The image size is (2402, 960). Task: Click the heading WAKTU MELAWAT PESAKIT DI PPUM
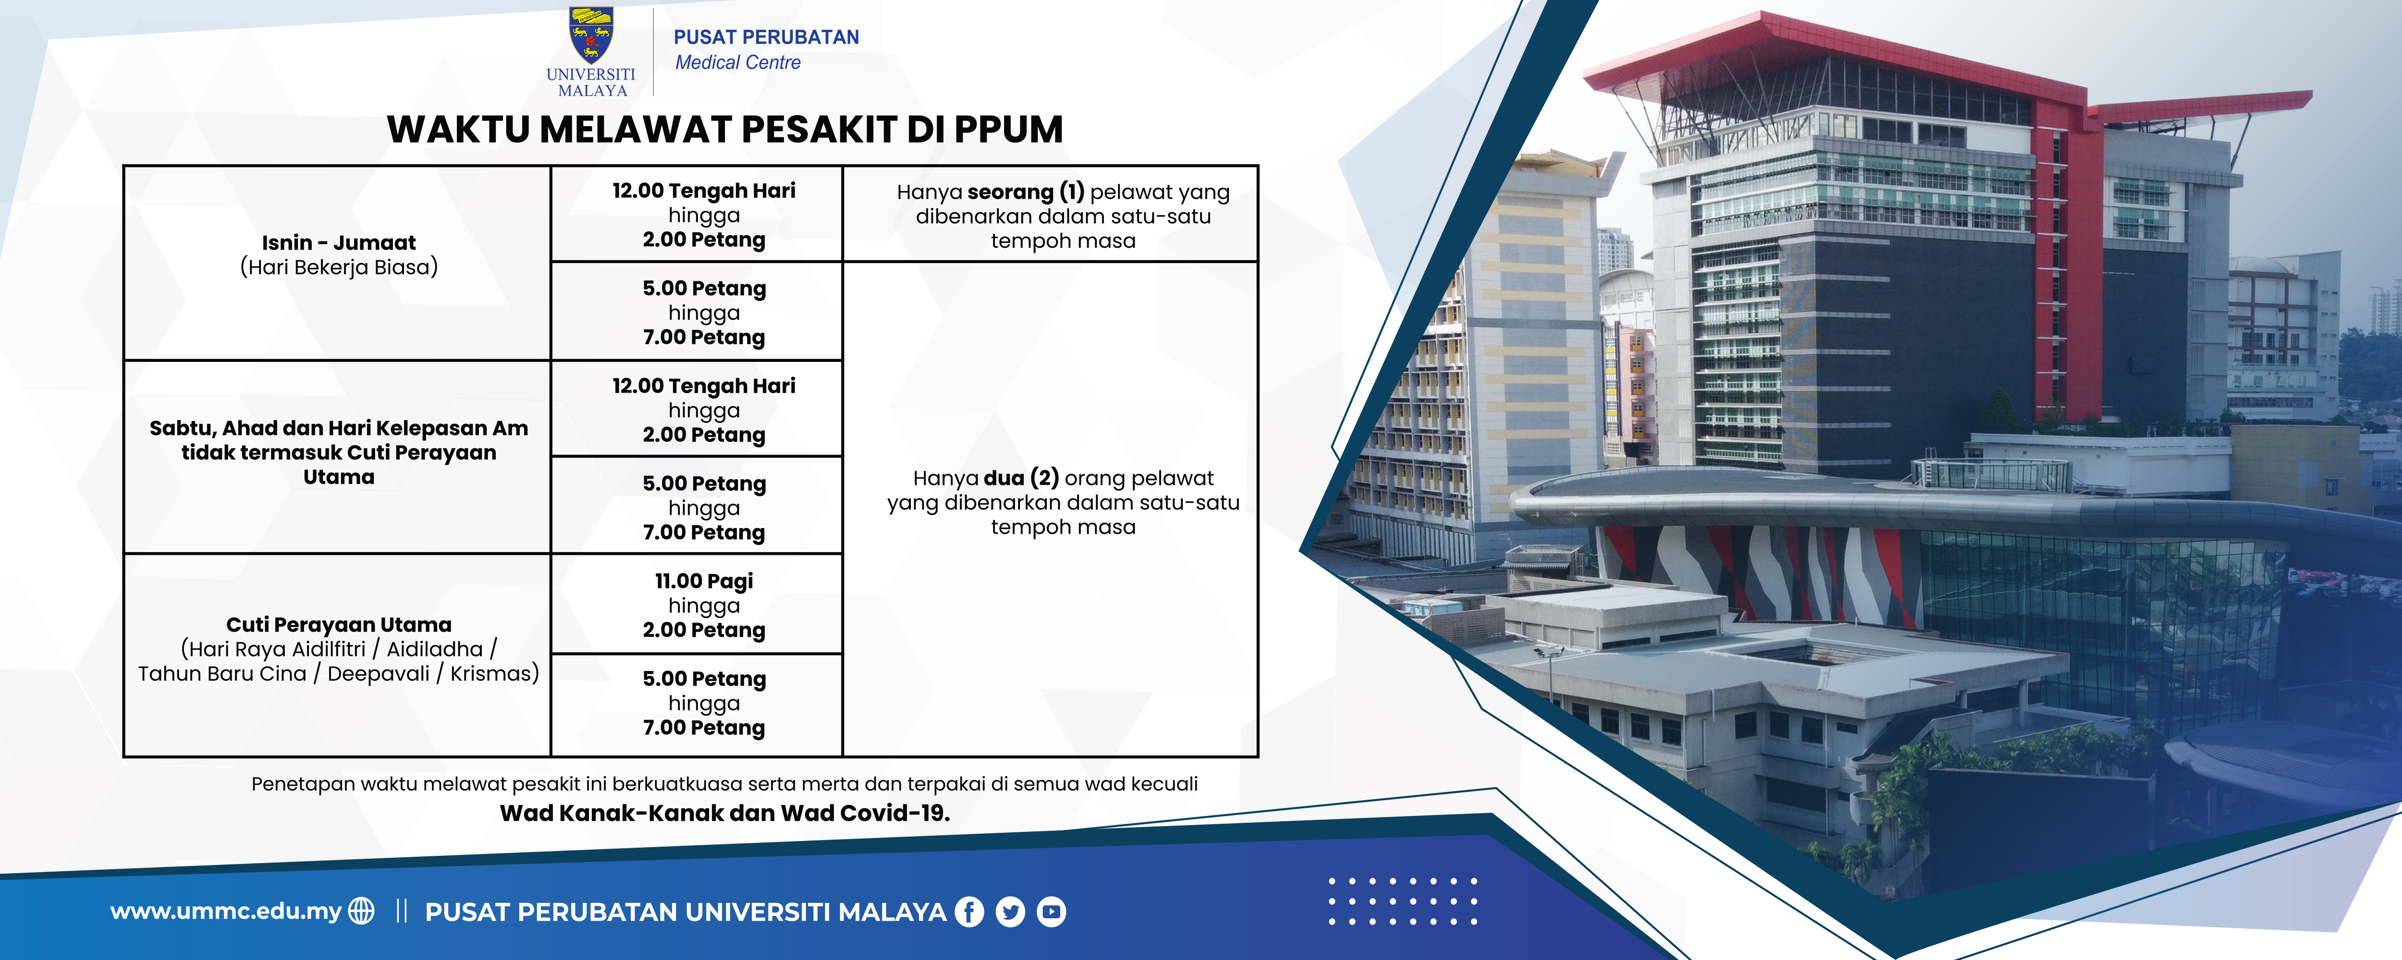[724, 130]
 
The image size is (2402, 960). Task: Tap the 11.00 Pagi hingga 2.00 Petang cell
[704, 605]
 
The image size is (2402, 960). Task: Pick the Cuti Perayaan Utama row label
[339, 624]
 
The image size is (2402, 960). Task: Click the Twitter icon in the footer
[1010, 912]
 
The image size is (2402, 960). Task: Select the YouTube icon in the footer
[1051, 912]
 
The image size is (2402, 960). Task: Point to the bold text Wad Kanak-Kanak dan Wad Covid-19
[724, 813]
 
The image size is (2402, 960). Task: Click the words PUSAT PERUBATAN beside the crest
[766, 37]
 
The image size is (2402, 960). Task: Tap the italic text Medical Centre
[737, 62]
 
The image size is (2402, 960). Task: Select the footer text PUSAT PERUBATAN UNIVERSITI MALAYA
[686, 912]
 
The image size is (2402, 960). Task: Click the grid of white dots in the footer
[1402, 900]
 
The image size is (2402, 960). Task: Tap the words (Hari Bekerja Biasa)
[339, 267]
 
